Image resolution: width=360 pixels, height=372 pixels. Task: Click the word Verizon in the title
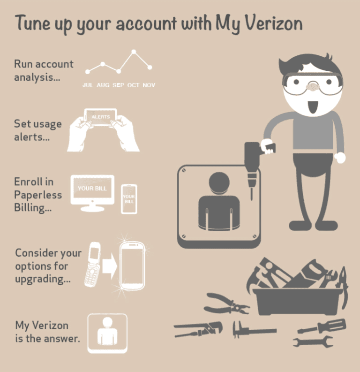tap(273, 23)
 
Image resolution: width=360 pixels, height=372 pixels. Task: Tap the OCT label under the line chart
tap(134, 85)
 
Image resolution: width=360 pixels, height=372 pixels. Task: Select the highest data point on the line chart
tap(134, 52)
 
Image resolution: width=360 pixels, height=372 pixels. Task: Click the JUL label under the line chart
tap(88, 85)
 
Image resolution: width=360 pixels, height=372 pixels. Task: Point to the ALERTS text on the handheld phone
tap(101, 117)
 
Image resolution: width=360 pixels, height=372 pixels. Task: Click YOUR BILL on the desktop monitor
tap(92, 189)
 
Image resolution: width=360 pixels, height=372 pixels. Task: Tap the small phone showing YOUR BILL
tap(129, 199)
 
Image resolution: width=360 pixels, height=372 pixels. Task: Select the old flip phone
tap(93, 264)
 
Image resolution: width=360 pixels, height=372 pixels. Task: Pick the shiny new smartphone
tap(132, 266)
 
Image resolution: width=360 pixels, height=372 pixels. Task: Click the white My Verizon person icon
tap(107, 334)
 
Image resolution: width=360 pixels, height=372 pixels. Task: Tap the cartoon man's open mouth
tap(313, 107)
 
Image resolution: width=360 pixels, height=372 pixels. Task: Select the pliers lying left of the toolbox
tap(226, 304)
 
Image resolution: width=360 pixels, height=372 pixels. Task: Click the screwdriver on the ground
tap(322, 326)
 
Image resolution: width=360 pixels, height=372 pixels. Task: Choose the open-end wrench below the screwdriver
tap(313, 342)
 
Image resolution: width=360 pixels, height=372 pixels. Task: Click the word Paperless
tap(38, 195)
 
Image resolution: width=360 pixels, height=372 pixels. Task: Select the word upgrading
tap(43, 279)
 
